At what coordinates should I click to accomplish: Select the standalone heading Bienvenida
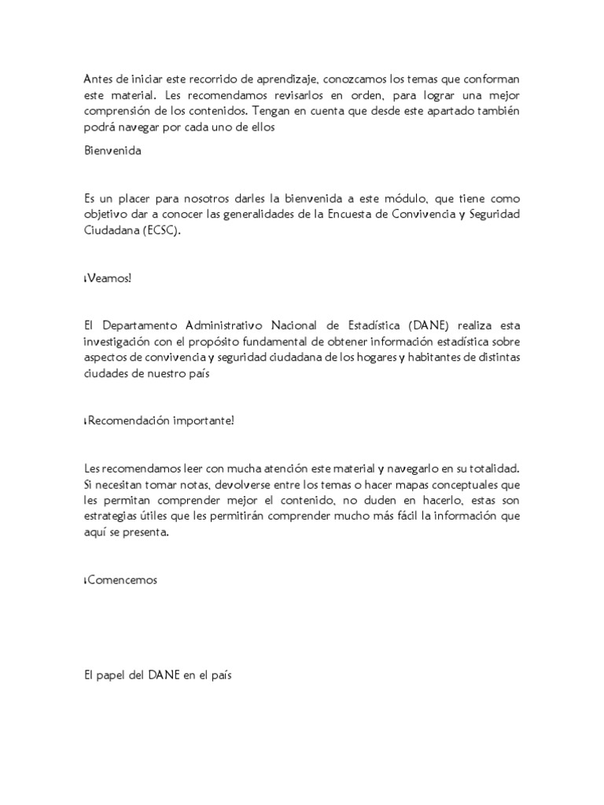112,151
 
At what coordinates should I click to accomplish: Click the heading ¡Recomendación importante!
160,421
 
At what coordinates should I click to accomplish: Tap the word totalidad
491,469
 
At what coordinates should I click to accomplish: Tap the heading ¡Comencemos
122,580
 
